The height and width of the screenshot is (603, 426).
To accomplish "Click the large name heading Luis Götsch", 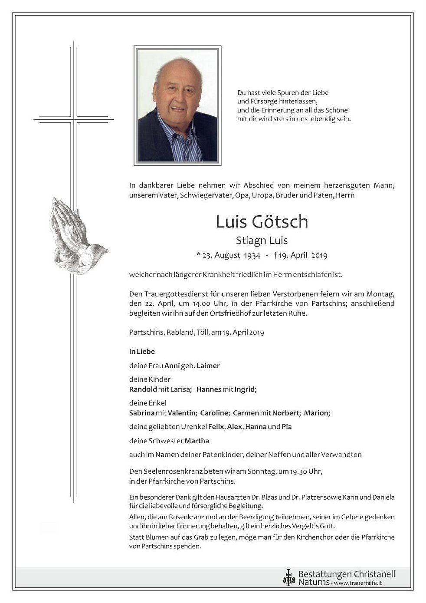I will pos(262,222).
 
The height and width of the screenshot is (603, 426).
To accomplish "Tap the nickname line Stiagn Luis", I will pos(262,240).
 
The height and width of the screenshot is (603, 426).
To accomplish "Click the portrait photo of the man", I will pos(177,105).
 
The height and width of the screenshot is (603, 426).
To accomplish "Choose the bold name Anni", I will pos(172,366).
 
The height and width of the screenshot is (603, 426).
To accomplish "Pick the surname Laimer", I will pos(208,366).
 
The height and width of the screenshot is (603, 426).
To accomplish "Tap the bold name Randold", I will pos(143,389).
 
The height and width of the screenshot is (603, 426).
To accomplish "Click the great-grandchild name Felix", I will pos(216,427).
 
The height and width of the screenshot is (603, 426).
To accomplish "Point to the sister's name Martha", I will pos(197,441).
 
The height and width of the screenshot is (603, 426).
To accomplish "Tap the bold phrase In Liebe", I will pos(142,351).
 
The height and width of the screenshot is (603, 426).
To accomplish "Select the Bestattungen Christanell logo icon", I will pos(288,577).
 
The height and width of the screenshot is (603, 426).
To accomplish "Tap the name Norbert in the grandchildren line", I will pos(286,413).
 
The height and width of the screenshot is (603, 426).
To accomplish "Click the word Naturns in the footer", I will pos(314,582).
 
